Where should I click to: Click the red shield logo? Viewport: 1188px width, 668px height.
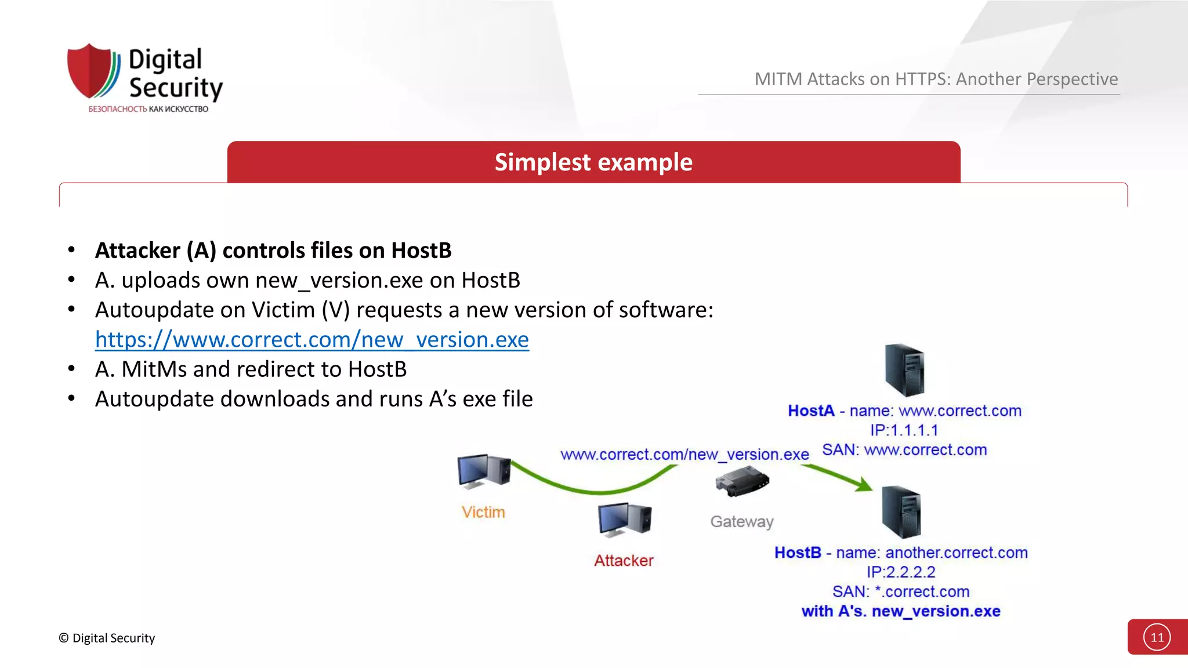[91, 71]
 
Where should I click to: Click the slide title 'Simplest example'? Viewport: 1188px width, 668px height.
[593, 162]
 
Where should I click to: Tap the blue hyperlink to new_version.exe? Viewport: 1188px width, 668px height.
[312, 340]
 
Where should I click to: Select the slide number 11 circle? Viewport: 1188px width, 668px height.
[1157, 637]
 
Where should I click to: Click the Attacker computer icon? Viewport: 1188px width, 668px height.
[625, 519]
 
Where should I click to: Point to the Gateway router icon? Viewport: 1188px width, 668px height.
[742, 481]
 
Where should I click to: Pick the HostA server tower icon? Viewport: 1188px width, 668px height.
[904, 370]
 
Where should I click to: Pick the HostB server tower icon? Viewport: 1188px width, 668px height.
[901, 512]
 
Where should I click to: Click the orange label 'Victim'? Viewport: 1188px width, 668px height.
[483, 513]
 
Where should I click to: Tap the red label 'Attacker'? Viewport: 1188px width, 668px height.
[624, 561]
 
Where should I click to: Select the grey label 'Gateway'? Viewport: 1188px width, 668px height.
[742, 522]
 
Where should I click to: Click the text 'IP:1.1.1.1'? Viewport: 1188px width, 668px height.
[904, 430]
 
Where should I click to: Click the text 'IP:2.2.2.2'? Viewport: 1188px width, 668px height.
[901, 572]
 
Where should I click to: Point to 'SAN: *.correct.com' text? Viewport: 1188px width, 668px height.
[901, 592]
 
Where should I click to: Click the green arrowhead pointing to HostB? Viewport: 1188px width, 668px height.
[864, 484]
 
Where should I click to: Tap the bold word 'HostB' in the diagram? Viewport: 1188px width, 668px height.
[798, 553]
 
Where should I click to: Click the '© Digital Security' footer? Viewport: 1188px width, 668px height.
[107, 638]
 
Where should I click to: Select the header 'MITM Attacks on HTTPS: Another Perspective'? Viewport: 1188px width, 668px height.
[936, 79]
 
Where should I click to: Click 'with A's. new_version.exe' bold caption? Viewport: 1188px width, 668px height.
[901, 611]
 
